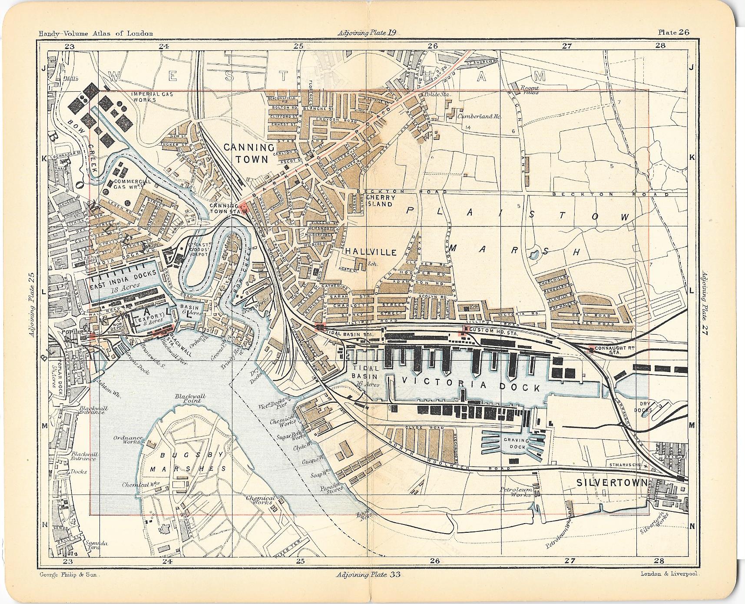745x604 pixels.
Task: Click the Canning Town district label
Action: pos(249,153)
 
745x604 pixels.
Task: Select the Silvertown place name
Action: pos(612,483)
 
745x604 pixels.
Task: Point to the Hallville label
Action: pos(371,252)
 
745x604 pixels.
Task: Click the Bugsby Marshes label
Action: pos(188,462)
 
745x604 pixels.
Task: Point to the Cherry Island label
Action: pos(379,201)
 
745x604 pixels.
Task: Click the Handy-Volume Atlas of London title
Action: pos(95,33)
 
